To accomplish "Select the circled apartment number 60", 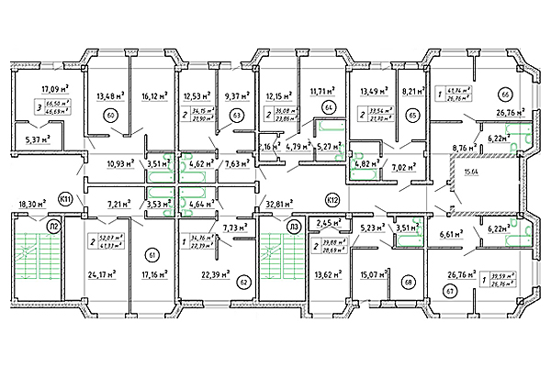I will click(111, 116).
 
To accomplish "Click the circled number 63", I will click(236, 116).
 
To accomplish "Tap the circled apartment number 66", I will click(504, 95).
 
